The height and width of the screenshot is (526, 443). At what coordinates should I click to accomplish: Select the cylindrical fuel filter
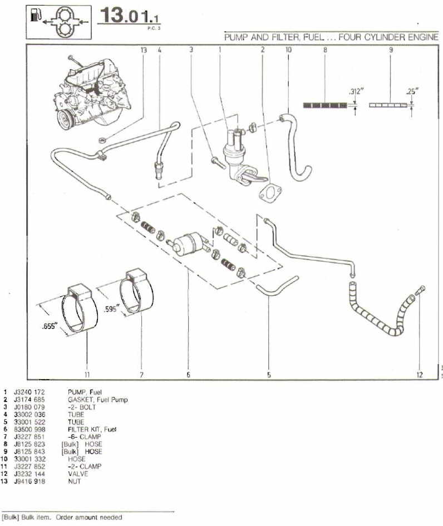[187, 242]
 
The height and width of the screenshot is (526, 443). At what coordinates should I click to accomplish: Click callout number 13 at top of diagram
[144, 50]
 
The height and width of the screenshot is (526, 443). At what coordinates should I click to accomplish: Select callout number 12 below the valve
[419, 375]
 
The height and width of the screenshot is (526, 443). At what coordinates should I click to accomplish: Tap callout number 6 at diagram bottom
[188, 375]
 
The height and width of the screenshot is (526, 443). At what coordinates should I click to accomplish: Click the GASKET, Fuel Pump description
[99, 400]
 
